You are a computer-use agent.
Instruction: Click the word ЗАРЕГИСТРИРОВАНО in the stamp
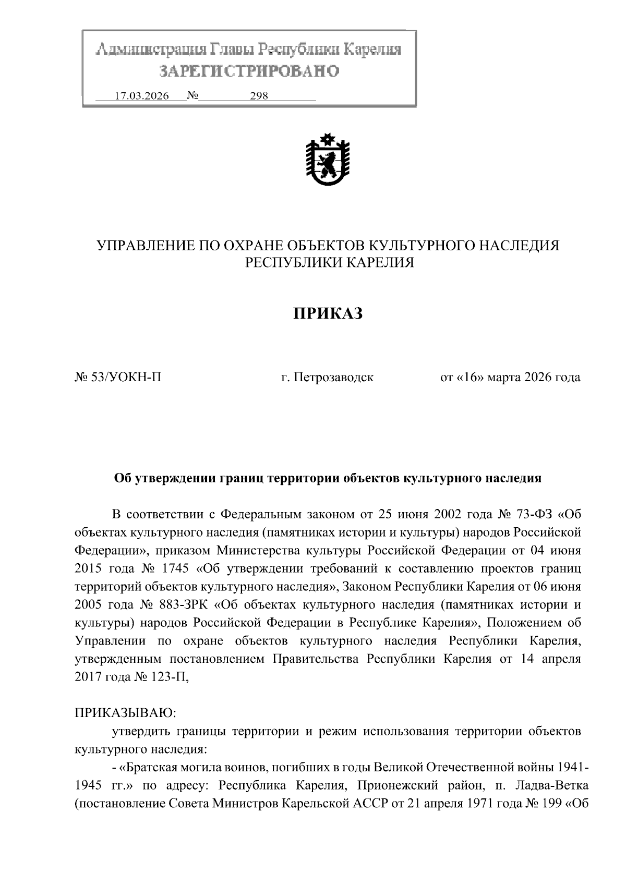coord(249,71)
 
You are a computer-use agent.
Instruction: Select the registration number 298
coord(259,96)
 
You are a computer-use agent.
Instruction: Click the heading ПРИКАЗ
coord(327,313)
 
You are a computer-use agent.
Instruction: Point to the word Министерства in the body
coord(258,550)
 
